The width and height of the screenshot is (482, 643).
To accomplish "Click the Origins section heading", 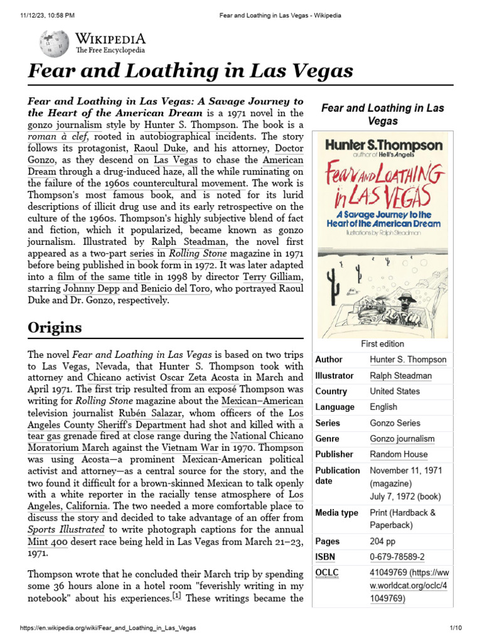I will [55, 328].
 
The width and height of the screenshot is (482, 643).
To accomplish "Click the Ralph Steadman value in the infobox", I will [400, 376].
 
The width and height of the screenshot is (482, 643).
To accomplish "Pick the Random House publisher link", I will [399, 454].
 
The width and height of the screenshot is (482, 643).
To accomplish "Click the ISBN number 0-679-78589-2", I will [397, 557].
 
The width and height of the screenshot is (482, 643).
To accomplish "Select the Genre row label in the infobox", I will [327, 438].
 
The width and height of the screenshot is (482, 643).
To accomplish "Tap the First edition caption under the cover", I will [382, 344].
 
